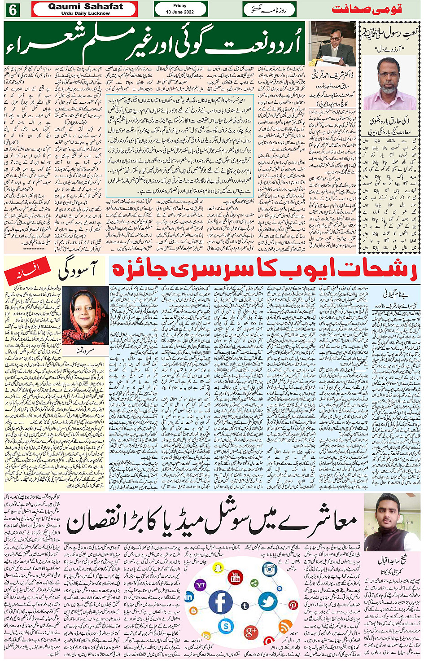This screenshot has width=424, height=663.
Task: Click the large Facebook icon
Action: point(221,602)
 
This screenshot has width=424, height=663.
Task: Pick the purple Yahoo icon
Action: point(201,585)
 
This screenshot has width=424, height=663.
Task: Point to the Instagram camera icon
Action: point(269,569)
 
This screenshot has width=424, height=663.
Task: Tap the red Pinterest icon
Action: point(293,605)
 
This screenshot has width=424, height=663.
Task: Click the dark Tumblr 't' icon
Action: point(245,606)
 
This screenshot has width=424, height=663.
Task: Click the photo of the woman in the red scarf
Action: point(79,315)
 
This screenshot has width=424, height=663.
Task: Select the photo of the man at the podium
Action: point(332,44)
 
